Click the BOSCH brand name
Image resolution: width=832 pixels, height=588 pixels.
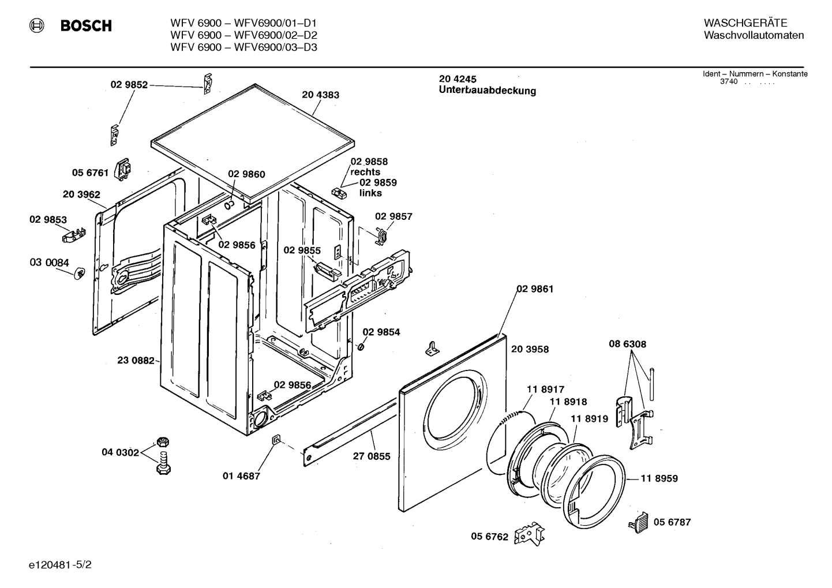point(86,26)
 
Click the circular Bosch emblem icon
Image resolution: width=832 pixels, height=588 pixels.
point(36,26)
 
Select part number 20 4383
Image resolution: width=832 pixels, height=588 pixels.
point(321,95)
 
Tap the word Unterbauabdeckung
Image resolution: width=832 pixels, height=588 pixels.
point(488,91)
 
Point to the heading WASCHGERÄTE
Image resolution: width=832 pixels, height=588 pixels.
point(745,23)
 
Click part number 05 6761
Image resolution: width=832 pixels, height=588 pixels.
point(90,173)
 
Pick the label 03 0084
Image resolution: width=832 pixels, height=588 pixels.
point(50,263)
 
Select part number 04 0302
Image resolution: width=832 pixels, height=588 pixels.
point(121,452)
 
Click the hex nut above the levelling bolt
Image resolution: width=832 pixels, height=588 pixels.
point(163,442)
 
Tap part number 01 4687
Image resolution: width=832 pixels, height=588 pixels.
point(241,476)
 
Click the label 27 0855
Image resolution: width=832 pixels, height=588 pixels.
point(372,456)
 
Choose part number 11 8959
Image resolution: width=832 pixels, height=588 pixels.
point(659,478)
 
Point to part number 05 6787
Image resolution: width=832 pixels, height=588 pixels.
point(672,522)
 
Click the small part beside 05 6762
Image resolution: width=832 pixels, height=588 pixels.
point(529,534)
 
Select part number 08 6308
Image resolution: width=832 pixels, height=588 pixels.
point(627,344)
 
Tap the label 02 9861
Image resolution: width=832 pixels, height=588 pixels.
point(535,289)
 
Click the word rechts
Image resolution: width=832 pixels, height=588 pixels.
point(365,172)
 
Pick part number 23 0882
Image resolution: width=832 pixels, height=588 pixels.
point(136,360)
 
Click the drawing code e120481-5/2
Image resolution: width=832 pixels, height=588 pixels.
point(60,565)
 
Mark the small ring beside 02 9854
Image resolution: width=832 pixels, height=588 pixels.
point(360,347)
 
